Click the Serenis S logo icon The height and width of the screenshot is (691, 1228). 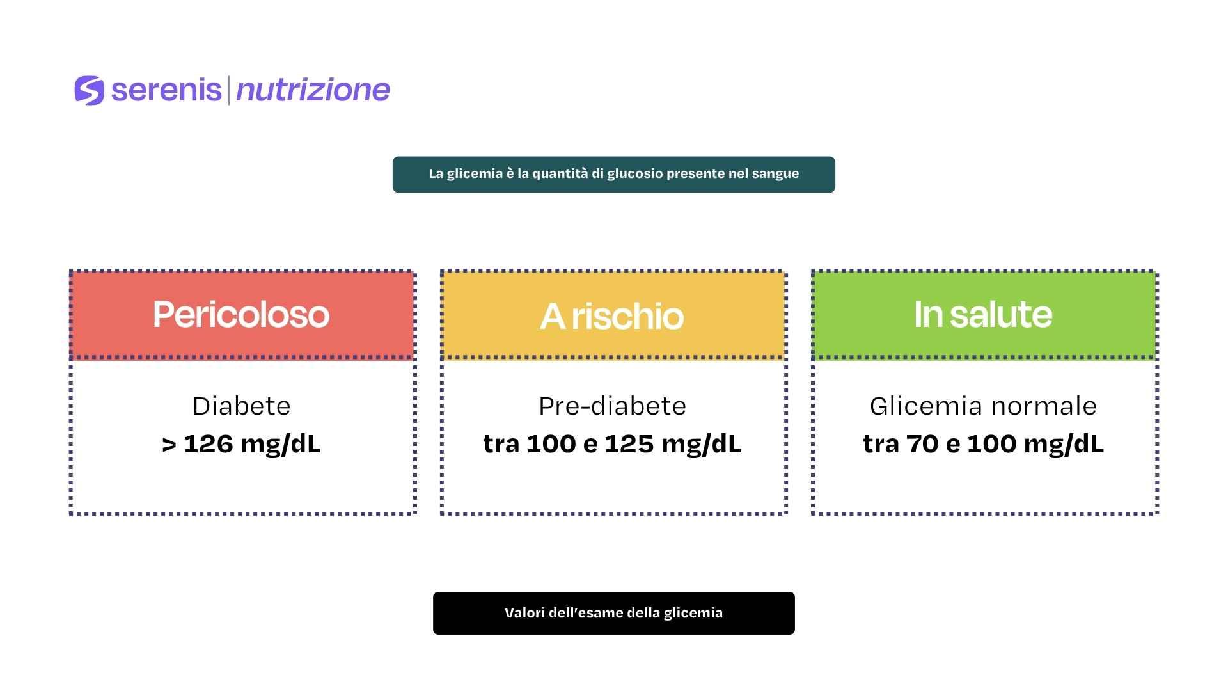89,90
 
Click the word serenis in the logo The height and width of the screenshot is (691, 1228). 166,90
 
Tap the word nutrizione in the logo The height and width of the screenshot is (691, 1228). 313,90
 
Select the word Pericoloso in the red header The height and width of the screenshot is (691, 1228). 241,314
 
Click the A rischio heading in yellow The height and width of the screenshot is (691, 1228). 612,316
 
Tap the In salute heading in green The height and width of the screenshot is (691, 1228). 983,314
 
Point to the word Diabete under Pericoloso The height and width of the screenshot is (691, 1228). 242,406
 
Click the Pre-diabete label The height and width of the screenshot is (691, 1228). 613,406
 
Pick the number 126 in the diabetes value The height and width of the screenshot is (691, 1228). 208,444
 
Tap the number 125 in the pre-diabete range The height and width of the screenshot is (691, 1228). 629,444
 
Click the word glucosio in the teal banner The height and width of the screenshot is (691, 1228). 635,174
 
